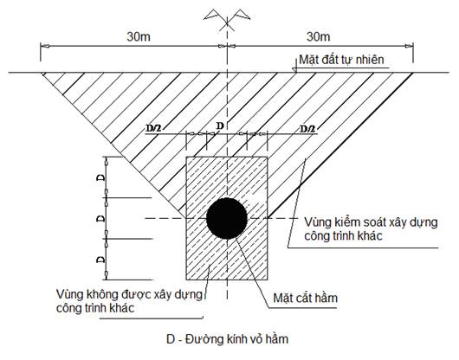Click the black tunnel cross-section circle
227,218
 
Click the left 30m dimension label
139,37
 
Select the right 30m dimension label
318,37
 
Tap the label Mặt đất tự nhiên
341,60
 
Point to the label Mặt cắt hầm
306,298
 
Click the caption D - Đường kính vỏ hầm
228,339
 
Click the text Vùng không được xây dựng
129,294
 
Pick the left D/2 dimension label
153,128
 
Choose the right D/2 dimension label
307,128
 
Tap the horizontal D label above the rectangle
220,125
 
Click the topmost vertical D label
101,177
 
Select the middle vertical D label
101,218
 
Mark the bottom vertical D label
101,259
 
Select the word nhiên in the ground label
369,60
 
